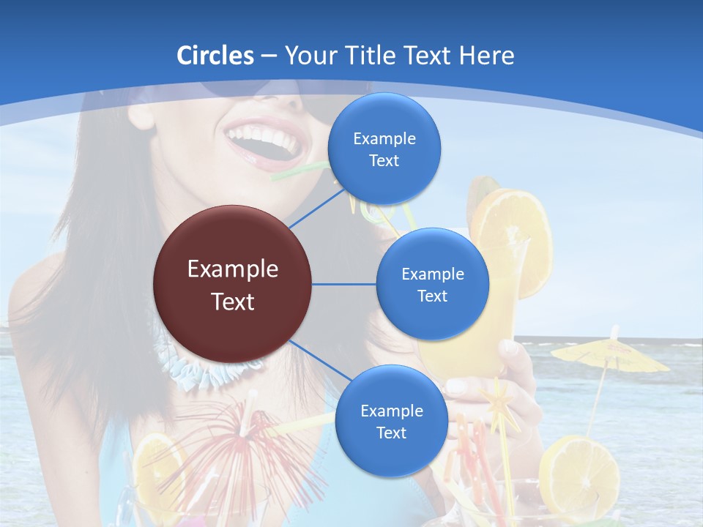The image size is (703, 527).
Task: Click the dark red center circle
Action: coord(232,284)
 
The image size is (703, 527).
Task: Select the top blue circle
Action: coord(384,149)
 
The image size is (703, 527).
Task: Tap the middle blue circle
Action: coord(432,284)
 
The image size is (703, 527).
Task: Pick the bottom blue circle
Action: coord(391,421)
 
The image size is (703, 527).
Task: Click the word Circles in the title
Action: coord(215,56)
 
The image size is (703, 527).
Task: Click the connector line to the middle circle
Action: coord(343,284)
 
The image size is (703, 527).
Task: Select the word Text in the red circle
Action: coord(232,302)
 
